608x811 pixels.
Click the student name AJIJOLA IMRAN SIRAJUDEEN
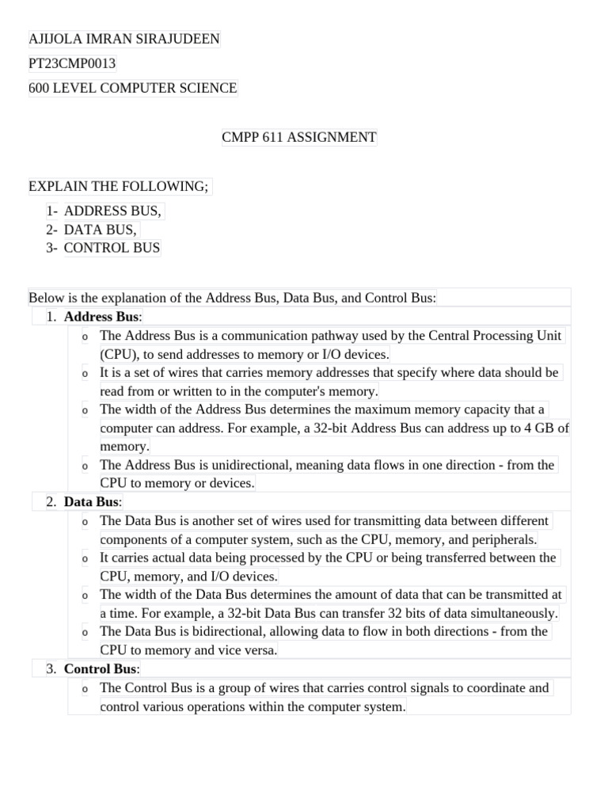[124, 39]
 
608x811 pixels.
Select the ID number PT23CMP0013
[73, 63]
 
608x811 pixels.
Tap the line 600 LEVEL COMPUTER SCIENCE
[133, 88]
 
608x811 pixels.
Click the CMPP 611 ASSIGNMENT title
[299, 137]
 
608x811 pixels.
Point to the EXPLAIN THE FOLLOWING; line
[119, 186]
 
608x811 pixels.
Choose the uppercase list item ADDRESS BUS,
[112, 211]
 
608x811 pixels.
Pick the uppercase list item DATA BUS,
[101, 230]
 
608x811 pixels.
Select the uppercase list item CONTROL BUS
[112, 248]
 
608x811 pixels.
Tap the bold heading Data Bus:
[93, 502]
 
